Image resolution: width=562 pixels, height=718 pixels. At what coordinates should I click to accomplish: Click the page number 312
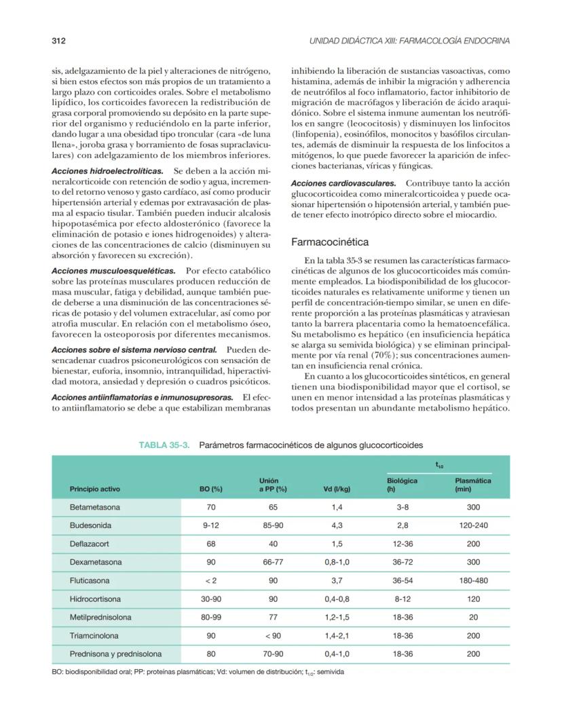tap(58, 41)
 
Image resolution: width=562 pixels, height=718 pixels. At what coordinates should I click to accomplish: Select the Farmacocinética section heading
tap(330, 241)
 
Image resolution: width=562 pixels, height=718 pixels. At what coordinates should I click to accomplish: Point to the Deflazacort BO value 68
tap(211, 544)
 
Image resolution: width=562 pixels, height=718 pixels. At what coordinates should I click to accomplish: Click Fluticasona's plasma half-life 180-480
tap(473, 581)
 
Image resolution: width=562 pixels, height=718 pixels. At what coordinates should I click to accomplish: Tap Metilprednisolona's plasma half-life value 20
tap(473, 618)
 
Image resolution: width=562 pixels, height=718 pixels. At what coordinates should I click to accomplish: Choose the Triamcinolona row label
tap(94, 636)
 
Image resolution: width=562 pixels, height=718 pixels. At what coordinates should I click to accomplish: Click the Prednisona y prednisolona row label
tap(115, 654)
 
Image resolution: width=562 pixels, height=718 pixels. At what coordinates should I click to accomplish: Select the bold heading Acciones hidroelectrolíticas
tap(107, 171)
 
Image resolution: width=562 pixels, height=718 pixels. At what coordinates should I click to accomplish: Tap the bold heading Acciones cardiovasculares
tap(343, 183)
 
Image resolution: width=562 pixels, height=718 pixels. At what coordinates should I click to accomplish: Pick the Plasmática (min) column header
tap(473, 485)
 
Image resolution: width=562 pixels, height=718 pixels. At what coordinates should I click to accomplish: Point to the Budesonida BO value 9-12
tap(211, 525)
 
